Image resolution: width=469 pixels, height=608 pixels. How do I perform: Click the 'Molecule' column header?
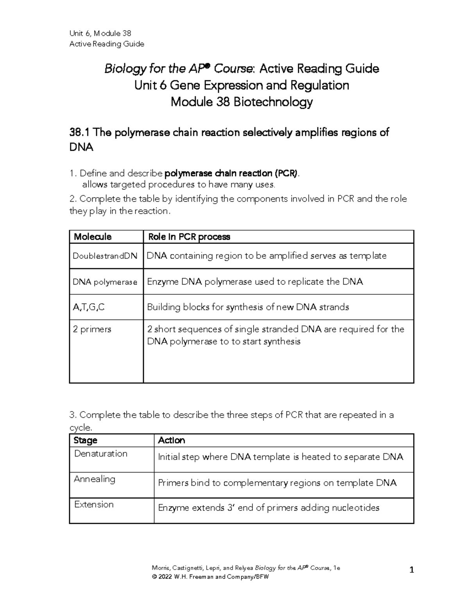pyautogui.click(x=93, y=237)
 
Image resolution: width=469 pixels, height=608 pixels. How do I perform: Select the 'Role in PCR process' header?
pyautogui.click(x=189, y=237)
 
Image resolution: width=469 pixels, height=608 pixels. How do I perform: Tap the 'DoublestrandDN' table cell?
pyautogui.click(x=105, y=256)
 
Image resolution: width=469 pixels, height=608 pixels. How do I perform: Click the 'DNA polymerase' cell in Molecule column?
pyautogui.click(x=105, y=282)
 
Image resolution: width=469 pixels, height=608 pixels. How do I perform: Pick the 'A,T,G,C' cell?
pyautogui.click(x=89, y=307)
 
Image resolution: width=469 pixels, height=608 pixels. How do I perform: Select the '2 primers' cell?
pyautogui.click(x=92, y=329)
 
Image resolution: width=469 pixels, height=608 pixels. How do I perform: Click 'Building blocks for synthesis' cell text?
pyautogui.click(x=248, y=307)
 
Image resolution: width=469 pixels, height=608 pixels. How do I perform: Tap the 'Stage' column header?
pyautogui.click(x=85, y=440)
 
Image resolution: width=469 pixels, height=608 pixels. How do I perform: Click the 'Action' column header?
pyautogui.click(x=171, y=440)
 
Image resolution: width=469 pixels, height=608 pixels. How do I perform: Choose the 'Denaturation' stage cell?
pyautogui.click(x=101, y=454)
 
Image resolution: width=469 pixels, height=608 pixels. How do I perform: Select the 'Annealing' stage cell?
pyautogui.click(x=95, y=479)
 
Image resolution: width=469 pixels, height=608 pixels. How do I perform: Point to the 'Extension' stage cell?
pyautogui.click(x=94, y=505)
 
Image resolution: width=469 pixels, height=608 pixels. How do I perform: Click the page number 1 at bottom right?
pyautogui.click(x=411, y=570)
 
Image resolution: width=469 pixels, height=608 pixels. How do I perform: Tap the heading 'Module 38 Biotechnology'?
pyautogui.click(x=242, y=102)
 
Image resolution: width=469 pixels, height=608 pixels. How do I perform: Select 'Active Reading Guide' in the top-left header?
pyautogui.click(x=107, y=44)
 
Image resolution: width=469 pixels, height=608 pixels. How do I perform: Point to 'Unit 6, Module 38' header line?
pyautogui.click(x=100, y=33)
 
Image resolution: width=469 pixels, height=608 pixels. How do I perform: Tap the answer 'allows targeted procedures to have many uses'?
pyautogui.click(x=179, y=185)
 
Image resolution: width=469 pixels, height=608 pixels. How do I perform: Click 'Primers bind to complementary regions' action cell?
pyautogui.click(x=277, y=483)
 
